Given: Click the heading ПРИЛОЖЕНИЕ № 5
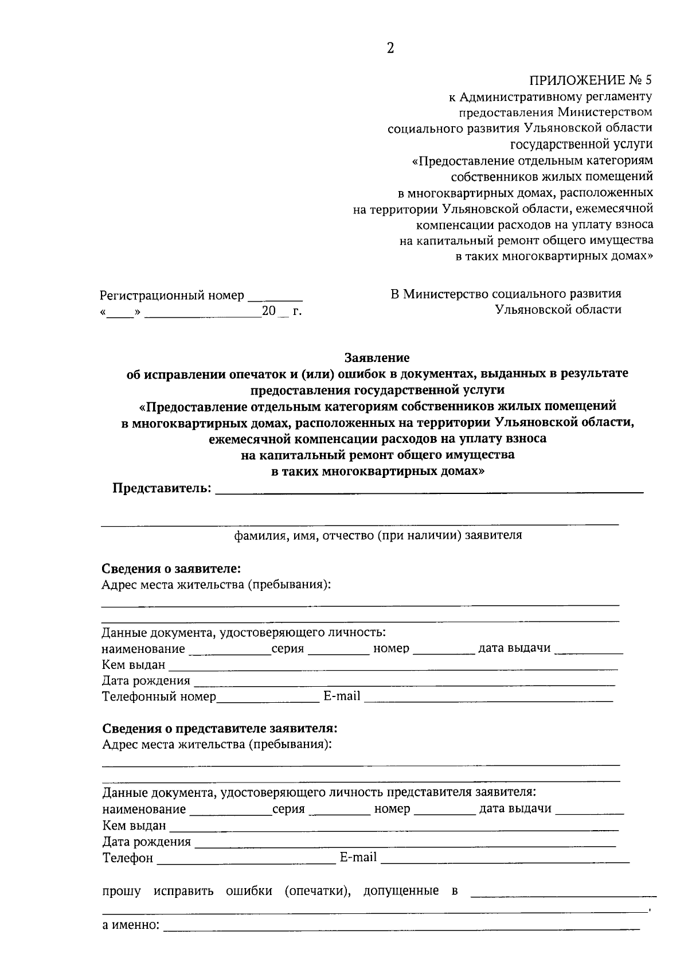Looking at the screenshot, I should (x=591, y=80).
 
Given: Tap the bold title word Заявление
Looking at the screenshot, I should (x=377, y=358).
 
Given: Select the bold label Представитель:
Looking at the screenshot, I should (x=162, y=488).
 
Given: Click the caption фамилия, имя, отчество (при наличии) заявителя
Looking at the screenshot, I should (x=378, y=535).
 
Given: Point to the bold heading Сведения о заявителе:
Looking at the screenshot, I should (x=171, y=569).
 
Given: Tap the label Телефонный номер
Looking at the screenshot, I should (x=159, y=696).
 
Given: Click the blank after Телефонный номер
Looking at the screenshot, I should (x=268, y=698).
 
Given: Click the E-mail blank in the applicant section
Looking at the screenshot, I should (x=488, y=698).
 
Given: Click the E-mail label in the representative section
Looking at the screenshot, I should (x=358, y=857).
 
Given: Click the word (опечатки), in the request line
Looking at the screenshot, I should (x=318, y=891).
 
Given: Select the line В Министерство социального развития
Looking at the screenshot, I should (x=506, y=294).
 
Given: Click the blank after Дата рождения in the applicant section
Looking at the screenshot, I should (x=404, y=682).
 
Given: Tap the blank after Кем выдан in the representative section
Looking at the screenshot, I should (x=394, y=827).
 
